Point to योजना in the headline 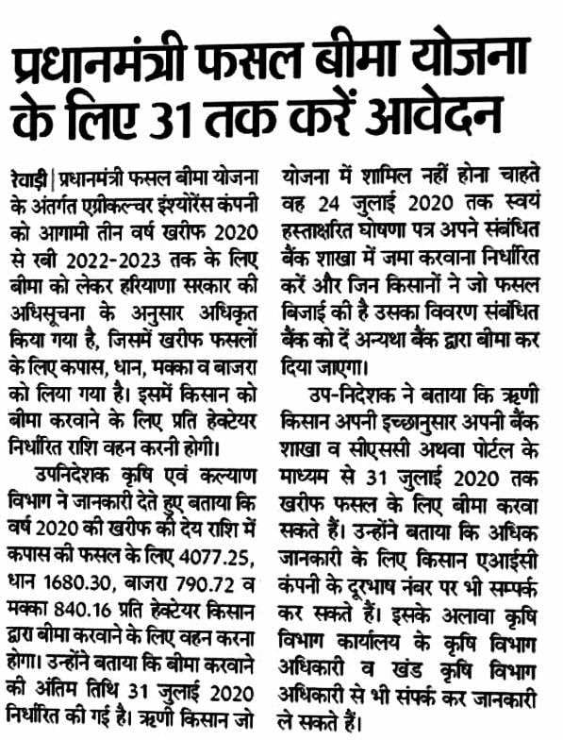point(480,62)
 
